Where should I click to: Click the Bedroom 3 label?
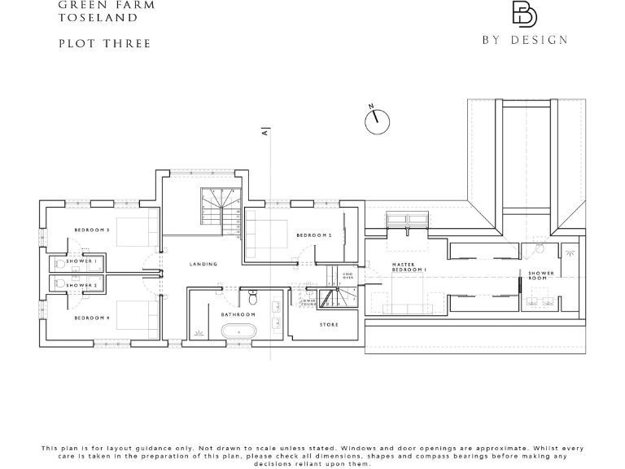(92, 230)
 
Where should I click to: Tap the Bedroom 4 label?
(92, 318)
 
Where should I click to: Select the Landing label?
(203, 265)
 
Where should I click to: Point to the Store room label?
(329, 325)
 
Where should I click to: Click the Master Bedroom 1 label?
(409, 267)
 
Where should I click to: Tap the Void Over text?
(347, 277)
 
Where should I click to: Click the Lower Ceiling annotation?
(309, 302)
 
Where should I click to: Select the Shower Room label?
(541, 276)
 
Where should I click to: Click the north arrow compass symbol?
(377, 121)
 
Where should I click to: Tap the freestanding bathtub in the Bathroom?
(238, 332)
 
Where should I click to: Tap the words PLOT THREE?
(105, 44)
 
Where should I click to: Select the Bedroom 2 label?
(314, 235)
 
